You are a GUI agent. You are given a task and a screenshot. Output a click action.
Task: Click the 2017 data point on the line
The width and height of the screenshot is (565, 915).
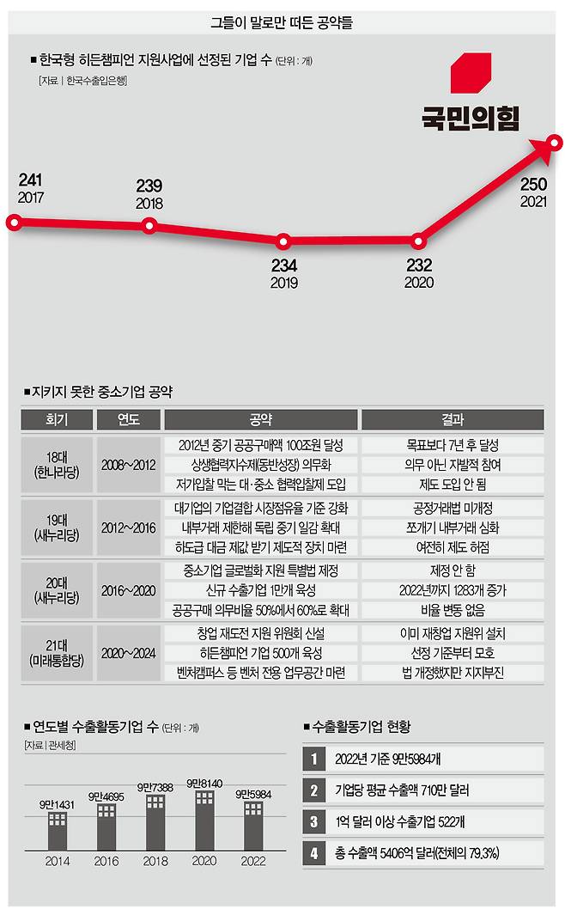(x=13, y=223)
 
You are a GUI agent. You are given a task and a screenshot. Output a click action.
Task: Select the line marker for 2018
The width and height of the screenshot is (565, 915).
(x=149, y=226)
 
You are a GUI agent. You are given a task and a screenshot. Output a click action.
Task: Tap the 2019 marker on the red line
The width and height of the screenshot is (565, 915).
(x=283, y=241)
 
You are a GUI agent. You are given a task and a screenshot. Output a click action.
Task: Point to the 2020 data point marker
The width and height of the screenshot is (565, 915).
(x=419, y=241)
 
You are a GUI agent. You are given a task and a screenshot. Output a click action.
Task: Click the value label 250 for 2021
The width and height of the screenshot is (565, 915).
(x=532, y=184)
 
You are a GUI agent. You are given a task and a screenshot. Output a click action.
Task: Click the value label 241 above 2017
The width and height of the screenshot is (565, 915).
(x=30, y=180)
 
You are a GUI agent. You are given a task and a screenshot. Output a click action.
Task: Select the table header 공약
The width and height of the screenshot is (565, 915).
(x=260, y=420)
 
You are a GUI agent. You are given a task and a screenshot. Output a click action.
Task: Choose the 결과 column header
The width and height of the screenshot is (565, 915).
(x=452, y=420)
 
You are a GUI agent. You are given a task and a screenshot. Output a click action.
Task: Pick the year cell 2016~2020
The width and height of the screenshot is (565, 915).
(x=128, y=590)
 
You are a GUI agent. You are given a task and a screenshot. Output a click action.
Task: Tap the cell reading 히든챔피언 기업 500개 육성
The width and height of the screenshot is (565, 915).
(x=260, y=653)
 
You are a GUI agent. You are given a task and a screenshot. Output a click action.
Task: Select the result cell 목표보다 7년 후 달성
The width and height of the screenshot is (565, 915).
(x=452, y=445)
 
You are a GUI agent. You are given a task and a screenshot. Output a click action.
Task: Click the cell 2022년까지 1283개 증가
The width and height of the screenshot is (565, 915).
(x=452, y=590)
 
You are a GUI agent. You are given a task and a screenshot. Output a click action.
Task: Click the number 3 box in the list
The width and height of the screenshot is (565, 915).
(x=314, y=821)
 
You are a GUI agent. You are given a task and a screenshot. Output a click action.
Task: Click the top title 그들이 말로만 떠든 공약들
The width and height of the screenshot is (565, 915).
(x=282, y=22)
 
